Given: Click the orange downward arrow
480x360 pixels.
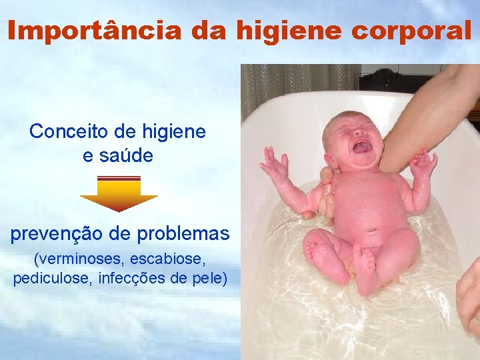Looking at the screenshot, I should (x=119, y=194).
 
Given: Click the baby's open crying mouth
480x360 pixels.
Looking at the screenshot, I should (x=362, y=146).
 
